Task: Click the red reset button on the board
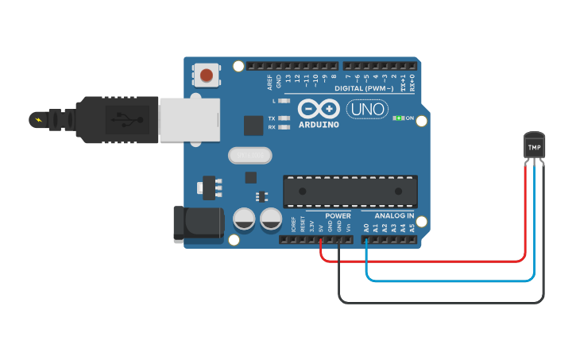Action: tap(207, 75)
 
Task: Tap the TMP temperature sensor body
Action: tap(535, 147)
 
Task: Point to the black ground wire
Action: tap(445, 302)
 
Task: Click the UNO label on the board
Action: tap(367, 109)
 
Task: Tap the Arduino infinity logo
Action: tap(319, 109)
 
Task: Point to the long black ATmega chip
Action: tap(350, 192)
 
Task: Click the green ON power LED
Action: tap(398, 118)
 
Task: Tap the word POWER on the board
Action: tap(338, 215)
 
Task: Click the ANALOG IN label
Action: tap(394, 215)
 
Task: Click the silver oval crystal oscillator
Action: tap(250, 155)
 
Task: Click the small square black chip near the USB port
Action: tap(253, 125)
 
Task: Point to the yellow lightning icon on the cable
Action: tap(37, 120)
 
